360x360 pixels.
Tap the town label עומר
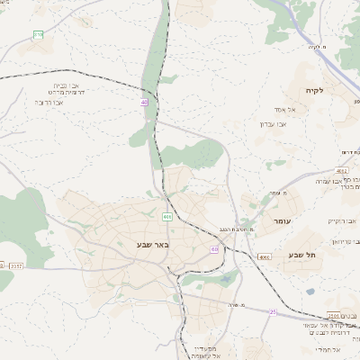pos(270,220)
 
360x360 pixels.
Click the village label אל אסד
pos(299,110)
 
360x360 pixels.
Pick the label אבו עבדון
pos(273,124)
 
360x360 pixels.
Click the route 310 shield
pos(38,34)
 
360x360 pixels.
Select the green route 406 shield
pos(167,217)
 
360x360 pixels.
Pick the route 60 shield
pos(215,248)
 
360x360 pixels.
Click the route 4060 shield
pos(264,257)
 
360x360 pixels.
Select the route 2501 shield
pos(334,316)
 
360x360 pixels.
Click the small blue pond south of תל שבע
pos(310,290)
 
